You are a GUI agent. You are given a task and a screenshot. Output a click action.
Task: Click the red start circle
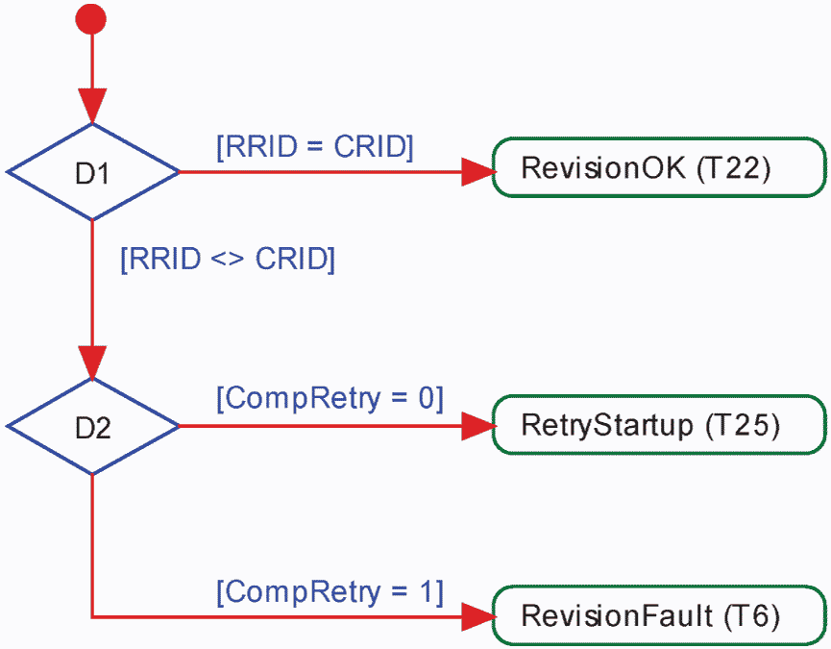point(90,19)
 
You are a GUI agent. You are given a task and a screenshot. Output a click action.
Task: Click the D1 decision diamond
point(93,172)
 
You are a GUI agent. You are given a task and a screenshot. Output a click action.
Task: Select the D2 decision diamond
point(93,426)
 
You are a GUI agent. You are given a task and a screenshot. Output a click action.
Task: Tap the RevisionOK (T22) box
point(659,167)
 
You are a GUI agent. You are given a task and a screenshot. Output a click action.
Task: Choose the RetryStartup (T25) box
point(659,425)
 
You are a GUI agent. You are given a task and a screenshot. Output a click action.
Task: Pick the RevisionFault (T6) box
point(659,615)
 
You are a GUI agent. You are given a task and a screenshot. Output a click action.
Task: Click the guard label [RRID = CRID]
point(315,146)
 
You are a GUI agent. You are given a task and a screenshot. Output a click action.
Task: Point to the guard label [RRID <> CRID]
point(228,260)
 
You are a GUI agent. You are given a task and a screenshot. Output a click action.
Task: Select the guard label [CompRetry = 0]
point(330,398)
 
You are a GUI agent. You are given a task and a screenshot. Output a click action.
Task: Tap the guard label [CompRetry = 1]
point(330,591)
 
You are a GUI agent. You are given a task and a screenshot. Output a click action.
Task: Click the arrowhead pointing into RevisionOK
point(478,172)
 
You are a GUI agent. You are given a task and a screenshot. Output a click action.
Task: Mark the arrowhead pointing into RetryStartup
point(478,426)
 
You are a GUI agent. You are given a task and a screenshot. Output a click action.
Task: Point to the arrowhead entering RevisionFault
point(478,616)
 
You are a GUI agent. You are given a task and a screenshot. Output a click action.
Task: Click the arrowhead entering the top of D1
point(92,106)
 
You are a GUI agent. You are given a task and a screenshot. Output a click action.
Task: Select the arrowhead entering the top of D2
point(92,363)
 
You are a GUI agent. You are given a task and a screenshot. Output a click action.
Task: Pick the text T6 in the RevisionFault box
point(752,616)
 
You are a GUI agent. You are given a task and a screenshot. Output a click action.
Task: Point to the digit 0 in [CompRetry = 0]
point(427,398)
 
